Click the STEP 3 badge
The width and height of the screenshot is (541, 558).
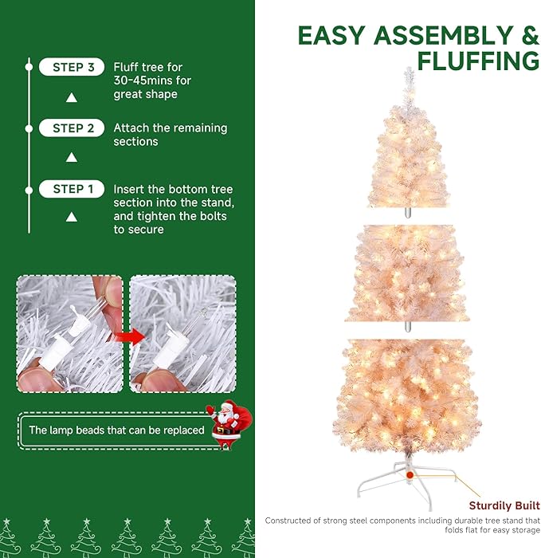[x=72, y=68]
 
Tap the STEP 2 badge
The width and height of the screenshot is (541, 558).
[x=72, y=128]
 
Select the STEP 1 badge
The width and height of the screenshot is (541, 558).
[x=72, y=190]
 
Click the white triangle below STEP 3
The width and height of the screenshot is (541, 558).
[x=72, y=97]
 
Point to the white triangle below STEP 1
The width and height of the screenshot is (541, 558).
[x=72, y=217]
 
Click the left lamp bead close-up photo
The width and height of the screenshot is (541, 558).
[x=70, y=334]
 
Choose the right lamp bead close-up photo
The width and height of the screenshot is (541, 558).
[x=182, y=334]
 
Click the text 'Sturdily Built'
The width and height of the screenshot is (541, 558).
[x=504, y=506]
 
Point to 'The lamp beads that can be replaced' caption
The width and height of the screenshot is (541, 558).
[x=116, y=430]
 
